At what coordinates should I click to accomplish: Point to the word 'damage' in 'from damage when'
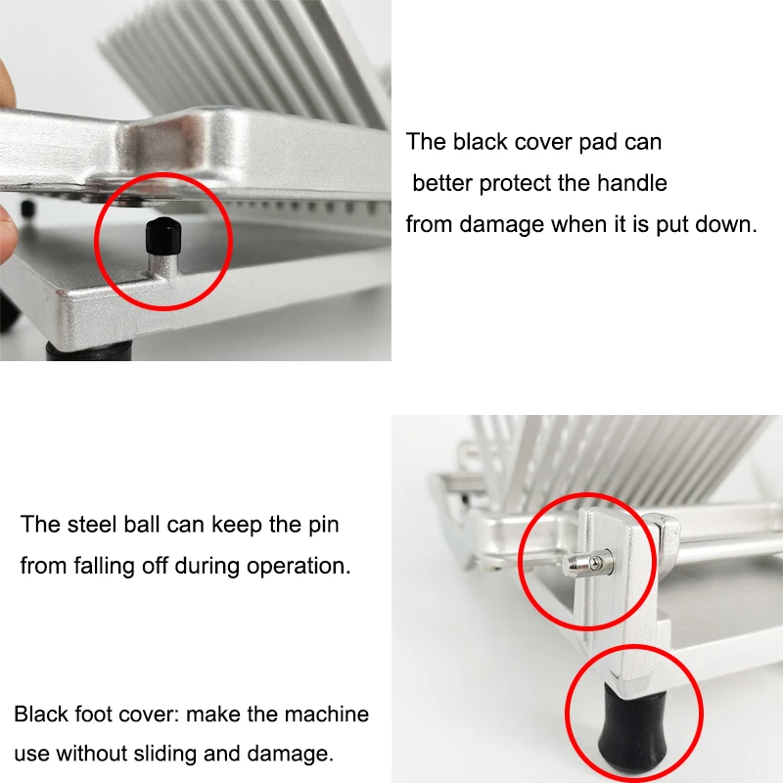[497, 224]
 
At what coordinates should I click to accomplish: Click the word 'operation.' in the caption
[299, 566]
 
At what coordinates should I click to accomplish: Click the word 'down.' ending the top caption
[728, 224]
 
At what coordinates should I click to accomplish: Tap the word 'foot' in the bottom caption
[99, 714]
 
